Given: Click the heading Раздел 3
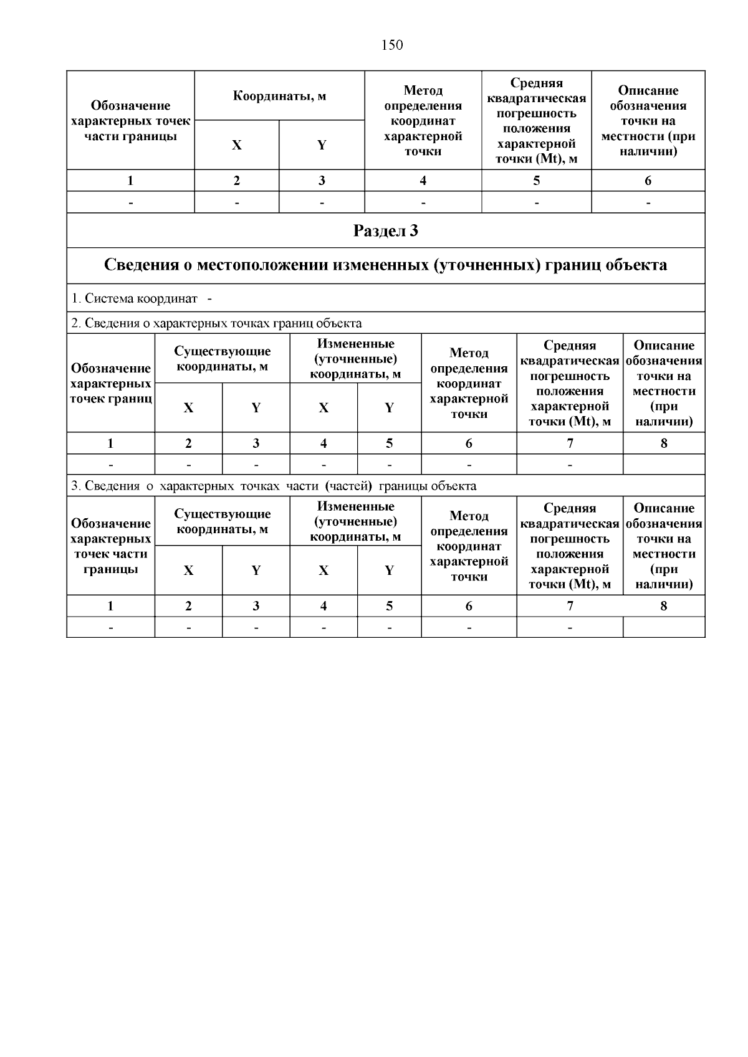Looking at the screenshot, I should (x=385, y=231).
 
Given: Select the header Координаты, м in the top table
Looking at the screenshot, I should (x=279, y=96).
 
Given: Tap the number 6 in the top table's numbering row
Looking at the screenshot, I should (x=648, y=181).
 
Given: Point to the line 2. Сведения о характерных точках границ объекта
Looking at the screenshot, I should (x=216, y=323).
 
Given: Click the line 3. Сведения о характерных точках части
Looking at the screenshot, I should (x=273, y=486).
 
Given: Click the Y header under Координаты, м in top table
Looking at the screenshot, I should (x=322, y=145).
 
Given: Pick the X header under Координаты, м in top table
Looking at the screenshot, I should (x=236, y=145).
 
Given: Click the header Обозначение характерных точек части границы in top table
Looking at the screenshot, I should (x=130, y=121).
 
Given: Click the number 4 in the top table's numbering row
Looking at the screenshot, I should (x=423, y=181).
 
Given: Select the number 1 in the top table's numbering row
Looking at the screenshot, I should (x=130, y=181).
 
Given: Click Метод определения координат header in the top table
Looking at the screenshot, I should (x=423, y=121).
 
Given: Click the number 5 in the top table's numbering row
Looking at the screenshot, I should (x=536, y=181).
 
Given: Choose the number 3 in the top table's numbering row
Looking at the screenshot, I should (x=322, y=181).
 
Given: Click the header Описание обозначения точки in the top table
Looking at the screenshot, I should (x=648, y=121).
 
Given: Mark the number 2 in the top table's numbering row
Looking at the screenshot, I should (x=236, y=181).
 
